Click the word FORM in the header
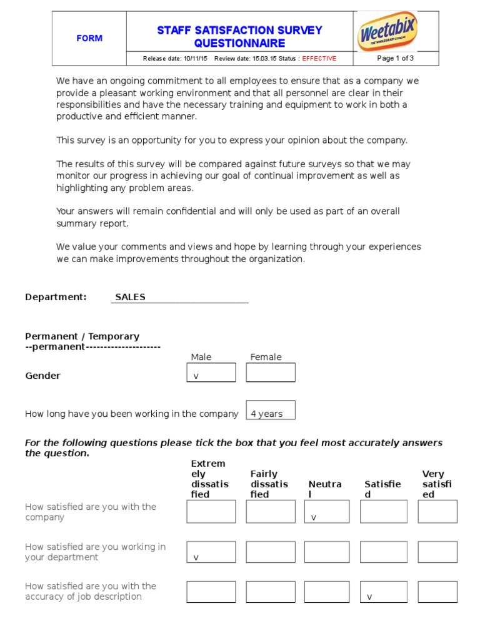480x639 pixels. [x=89, y=38]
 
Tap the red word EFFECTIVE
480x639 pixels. [x=319, y=59]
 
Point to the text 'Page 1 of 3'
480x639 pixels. [x=396, y=58]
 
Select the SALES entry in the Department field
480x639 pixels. [x=130, y=297]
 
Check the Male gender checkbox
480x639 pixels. [x=211, y=373]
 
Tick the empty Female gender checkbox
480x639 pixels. [x=270, y=373]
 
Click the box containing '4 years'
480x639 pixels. [x=270, y=411]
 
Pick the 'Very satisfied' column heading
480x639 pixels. [x=437, y=484]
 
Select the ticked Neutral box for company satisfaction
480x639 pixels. [x=326, y=512]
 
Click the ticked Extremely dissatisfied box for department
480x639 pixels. [x=211, y=552]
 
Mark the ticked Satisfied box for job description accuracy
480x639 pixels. [x=384, y=592]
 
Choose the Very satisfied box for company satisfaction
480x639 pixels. [x=437, y=512]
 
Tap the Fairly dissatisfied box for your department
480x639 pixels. [x=270, y=552]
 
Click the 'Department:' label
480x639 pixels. [x=56, y=297]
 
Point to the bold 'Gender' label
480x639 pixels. [x=42, y=376]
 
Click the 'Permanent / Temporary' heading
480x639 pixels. [x=82, y=336]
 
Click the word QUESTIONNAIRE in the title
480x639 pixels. [x=239, y=43]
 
